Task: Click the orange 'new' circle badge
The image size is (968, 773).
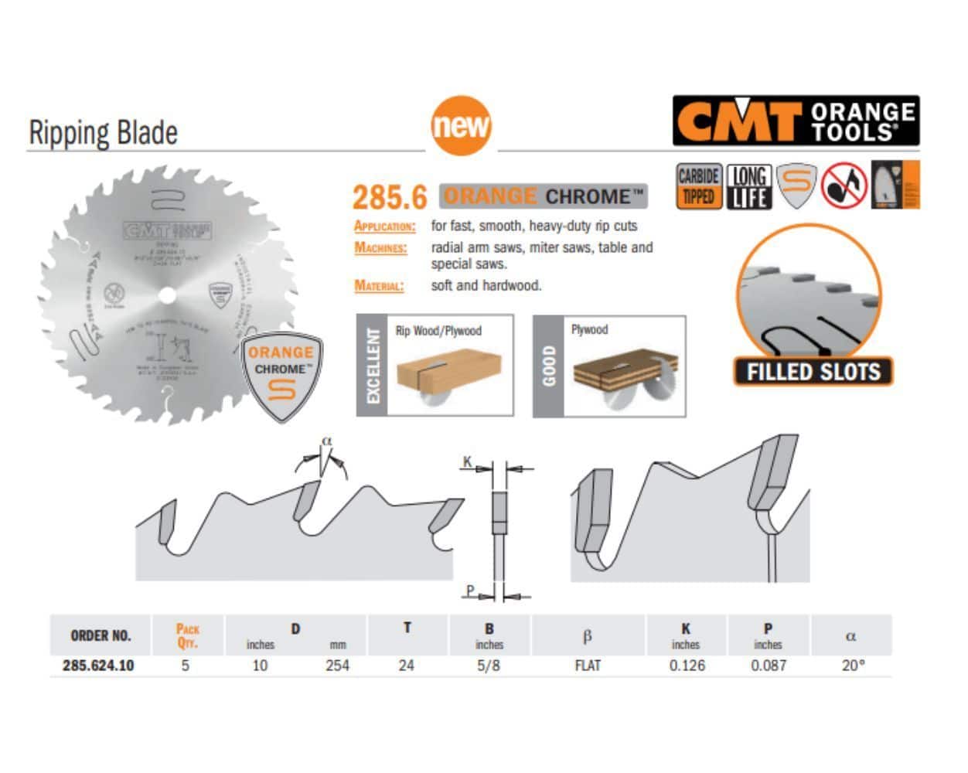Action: (x=461, y=124)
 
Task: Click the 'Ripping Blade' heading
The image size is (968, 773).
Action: (x=103, y=132)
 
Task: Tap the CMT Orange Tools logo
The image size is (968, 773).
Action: (x=796, y=121)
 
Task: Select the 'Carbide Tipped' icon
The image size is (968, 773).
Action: (x=698, y=186)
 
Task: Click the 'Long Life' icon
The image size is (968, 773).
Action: (x=748, y=186)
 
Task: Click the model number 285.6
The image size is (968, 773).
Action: (x=390, y=197)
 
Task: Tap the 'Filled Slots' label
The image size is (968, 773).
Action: (x=813, y=372)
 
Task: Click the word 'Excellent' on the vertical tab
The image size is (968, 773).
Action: (x=372, y=365)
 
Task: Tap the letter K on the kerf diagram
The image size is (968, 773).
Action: (x=467, y=461)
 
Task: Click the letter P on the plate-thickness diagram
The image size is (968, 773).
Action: (x=469, y=591)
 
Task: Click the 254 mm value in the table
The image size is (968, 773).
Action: (x=337, y=665)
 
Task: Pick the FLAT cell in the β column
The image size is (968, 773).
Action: (x=588, y=665)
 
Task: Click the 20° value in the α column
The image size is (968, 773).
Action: (x=853, y=665)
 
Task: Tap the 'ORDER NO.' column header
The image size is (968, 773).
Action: (x=101, y=635)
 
